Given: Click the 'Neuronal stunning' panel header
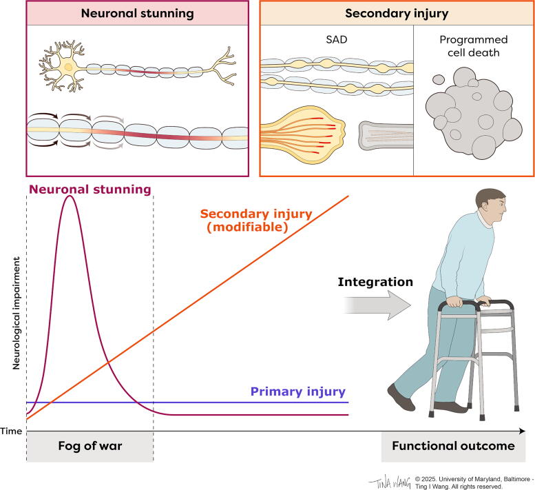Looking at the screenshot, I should tap(137, 13).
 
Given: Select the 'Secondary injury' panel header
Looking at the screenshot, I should tap(397, 13).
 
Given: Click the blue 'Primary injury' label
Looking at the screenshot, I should tap(297, 392).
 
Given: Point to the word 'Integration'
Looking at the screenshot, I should tap(375, 282).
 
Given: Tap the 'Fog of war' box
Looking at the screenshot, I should tap(90, 447).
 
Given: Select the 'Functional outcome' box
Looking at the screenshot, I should tap(453, 447).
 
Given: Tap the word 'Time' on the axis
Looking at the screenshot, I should tap(12, 429).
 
